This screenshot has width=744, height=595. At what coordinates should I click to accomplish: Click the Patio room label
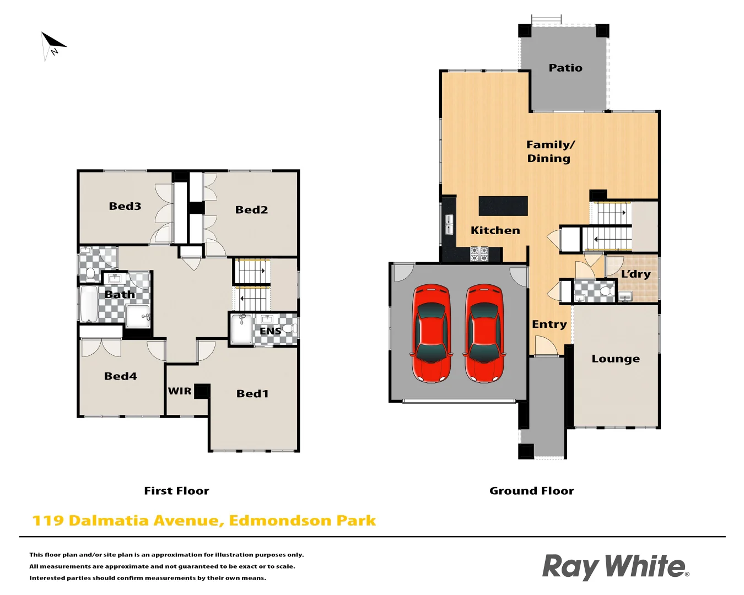(565, 68)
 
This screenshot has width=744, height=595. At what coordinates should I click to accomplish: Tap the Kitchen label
(495, 230)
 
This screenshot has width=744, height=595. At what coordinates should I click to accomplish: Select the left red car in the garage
(432, 333)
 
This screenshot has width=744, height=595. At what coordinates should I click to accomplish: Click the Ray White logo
(615, 567)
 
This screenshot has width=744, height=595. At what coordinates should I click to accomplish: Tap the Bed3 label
(125, 206)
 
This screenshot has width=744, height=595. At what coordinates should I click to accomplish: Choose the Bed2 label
(251, 209)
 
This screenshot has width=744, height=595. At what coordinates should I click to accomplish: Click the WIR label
(180, 391)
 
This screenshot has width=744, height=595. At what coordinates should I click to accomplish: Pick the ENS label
(270, 331)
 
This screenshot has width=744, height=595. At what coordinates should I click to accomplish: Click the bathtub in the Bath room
(89, 304)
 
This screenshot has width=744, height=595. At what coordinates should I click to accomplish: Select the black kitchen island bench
(503, 206)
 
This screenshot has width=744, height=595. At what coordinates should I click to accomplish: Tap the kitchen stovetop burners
(479, 254)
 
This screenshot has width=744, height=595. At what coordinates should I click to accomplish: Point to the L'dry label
(635, 274)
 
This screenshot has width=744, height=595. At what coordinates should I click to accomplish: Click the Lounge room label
(616, 359)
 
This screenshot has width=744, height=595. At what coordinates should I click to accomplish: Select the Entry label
(549, 324)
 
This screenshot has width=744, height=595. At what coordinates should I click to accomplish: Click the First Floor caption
(176, 491)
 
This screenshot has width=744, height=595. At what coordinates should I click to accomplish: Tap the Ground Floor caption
(531, 491)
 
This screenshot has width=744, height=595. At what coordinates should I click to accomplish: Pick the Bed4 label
(121, 376)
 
